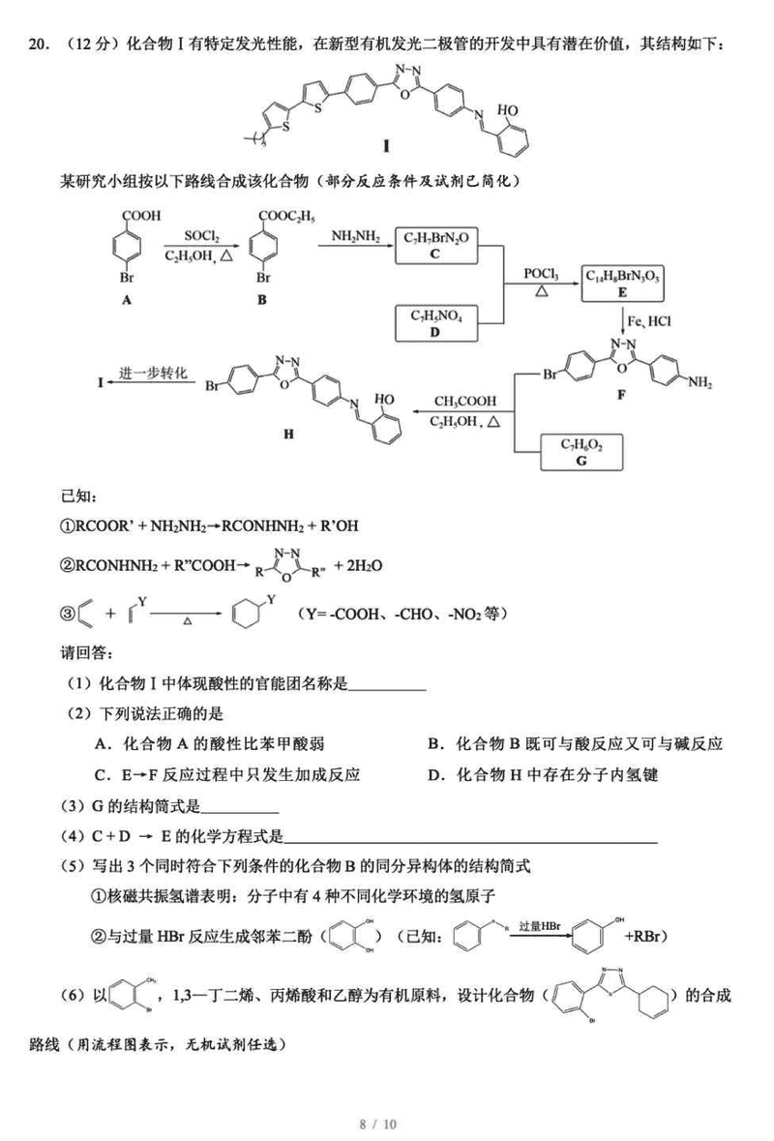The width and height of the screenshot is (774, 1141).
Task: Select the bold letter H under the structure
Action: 289,435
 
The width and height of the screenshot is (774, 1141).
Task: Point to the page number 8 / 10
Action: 378,1124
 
